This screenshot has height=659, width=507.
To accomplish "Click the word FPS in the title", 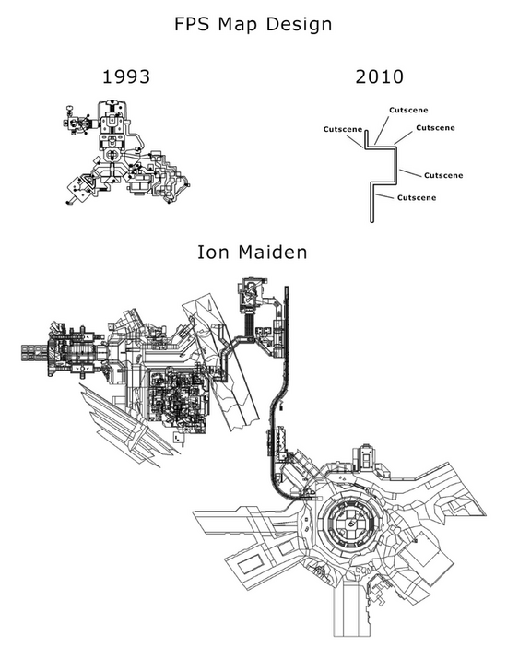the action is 192,24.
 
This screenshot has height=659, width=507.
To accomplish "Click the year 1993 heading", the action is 126,76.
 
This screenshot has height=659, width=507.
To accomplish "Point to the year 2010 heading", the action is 379,76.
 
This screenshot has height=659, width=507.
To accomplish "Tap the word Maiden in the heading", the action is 273,253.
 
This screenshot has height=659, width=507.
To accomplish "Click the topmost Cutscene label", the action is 408,110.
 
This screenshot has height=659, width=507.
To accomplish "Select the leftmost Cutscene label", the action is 343,129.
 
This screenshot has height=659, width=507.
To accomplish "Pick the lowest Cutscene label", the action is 417,197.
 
